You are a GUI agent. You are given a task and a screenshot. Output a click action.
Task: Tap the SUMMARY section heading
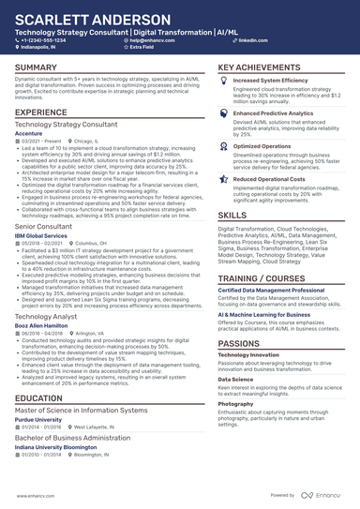[36, 68]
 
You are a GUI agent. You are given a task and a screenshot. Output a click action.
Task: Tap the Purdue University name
[40, 419]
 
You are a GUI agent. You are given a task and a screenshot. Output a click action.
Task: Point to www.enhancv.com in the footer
[35, 494]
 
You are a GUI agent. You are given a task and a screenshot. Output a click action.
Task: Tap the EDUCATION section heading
[40, 398]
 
